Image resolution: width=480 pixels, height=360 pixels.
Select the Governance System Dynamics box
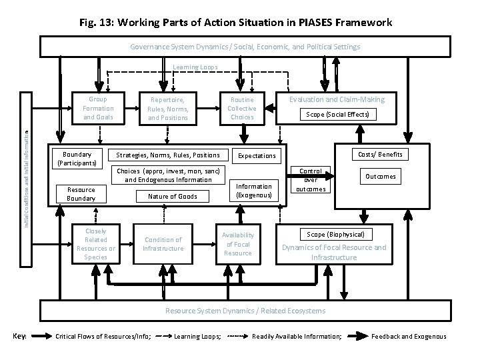click(x=245, y=47)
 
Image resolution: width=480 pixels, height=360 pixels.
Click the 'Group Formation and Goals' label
click(x=98, y=108)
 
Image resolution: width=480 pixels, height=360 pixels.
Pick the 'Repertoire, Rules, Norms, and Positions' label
click(x=169, y=109)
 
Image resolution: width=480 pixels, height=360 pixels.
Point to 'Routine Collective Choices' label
click(x=242, y=108)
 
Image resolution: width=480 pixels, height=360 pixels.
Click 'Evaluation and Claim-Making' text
click(x=336, y=99)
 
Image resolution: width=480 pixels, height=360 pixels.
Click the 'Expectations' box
click(x=257, y=156)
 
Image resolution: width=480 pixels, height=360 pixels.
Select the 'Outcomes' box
click(x=381, y=177)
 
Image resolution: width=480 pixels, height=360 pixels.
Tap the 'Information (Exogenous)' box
click(x=254, y=191)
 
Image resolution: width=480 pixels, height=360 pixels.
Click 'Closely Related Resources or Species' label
click(x=96, y=244)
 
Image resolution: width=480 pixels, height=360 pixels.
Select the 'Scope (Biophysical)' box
click(x=335, y=235)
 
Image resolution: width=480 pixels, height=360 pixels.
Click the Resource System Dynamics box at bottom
click(x=245, y=311)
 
